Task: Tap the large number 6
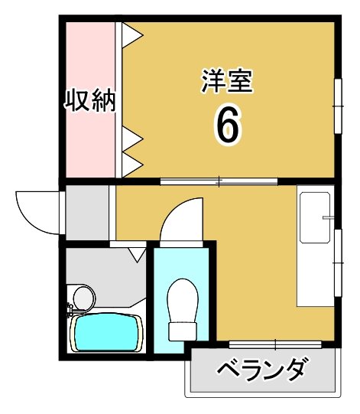(x=228, y=124)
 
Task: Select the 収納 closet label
(x=89, y=100)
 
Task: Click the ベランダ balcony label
(x=262, y=370)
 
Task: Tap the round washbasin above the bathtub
(x=82, y=296)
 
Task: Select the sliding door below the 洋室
(x=219, y=181)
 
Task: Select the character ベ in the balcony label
(x=226, y=371)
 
